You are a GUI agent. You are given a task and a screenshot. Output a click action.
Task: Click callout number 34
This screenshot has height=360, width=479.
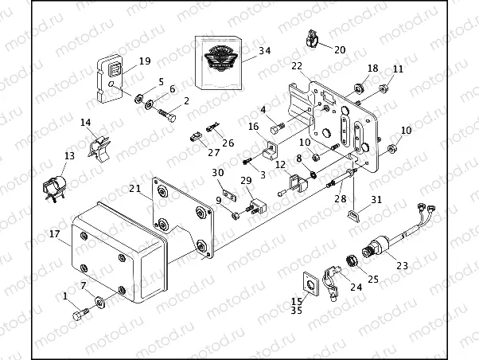265,52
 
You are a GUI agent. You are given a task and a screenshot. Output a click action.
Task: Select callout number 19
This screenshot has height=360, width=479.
144,61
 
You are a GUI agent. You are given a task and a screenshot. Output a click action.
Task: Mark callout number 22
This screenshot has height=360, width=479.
296,66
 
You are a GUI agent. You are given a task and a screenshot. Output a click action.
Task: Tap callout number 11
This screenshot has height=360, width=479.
399,69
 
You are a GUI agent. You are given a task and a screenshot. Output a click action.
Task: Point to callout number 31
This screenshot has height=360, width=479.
376,199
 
